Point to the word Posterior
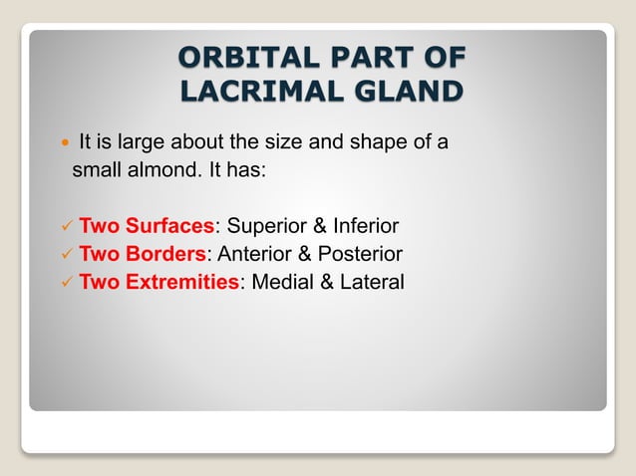tap(359, 253)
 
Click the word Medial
tap(283, 282)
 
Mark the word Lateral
tap(370, 282)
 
